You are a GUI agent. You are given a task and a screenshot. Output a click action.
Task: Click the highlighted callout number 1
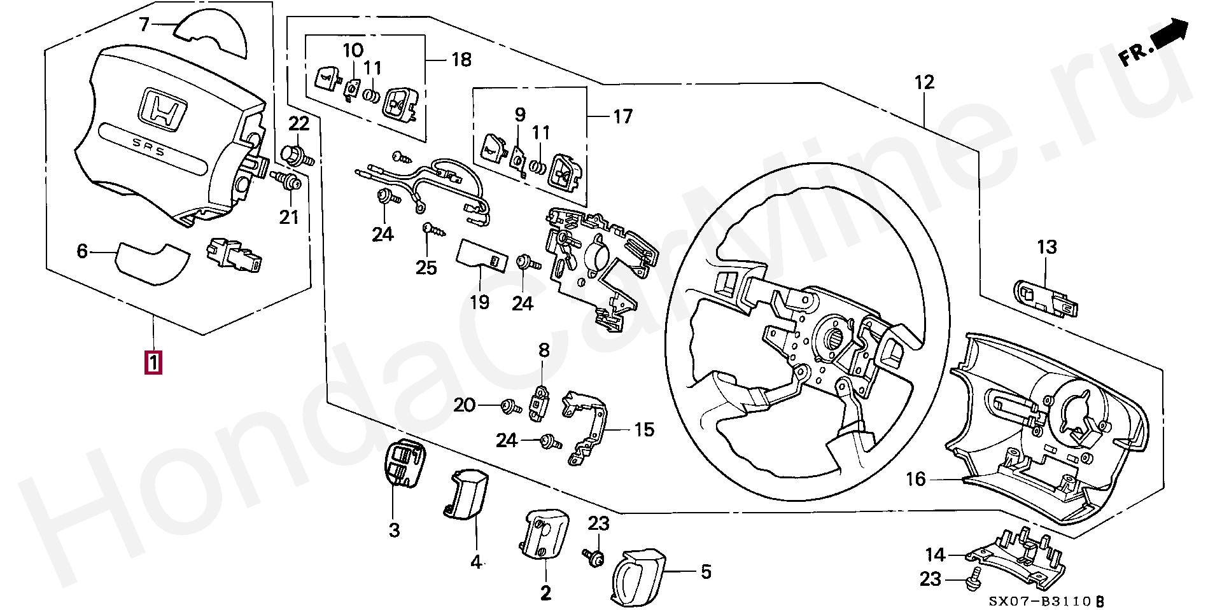click(x=153, y=363)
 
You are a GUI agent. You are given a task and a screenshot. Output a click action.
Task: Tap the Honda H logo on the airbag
click(x=163, y=110)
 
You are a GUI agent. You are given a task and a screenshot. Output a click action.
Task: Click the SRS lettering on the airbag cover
click(x=148, y=148)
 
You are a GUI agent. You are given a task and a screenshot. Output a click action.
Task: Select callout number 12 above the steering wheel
click(x=924, y=82)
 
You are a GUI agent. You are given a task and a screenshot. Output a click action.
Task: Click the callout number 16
click(x=915, y=479)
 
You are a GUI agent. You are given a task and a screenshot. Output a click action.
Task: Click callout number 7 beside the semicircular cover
click(x=144, y=25)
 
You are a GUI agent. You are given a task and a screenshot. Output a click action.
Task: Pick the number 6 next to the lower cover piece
click(x=82, y=251)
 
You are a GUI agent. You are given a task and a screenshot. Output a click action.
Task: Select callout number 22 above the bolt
click(x=298, y=123)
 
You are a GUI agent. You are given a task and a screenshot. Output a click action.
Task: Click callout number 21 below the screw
click(x=289, y=217)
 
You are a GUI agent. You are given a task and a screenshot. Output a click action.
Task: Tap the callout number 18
click(x=461, y=60)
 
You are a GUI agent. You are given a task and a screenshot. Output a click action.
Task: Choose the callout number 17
click(x=623, y=116)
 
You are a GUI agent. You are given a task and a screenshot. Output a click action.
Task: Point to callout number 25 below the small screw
click(x=426, y=267)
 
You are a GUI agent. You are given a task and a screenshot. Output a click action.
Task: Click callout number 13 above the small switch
click(x=1047, y=247)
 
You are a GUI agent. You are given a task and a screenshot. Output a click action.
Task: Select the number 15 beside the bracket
click(x=644, y=429)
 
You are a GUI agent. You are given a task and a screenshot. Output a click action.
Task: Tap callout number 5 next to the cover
click(x=706, y=572)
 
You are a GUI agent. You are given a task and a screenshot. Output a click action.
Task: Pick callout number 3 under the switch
click(x=394, y=529)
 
